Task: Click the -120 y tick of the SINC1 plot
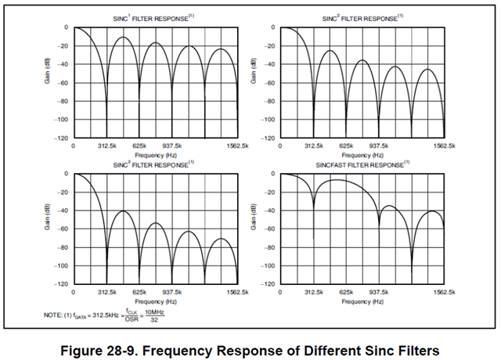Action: tap(59, 138)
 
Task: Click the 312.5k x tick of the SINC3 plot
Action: tap(106, 293)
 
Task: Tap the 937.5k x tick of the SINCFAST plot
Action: tap(379, 293)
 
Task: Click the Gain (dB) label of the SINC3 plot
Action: tap(47, 228)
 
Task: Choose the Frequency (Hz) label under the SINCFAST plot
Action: tap(362, 301)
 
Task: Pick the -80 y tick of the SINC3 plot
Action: tap(60, 247)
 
